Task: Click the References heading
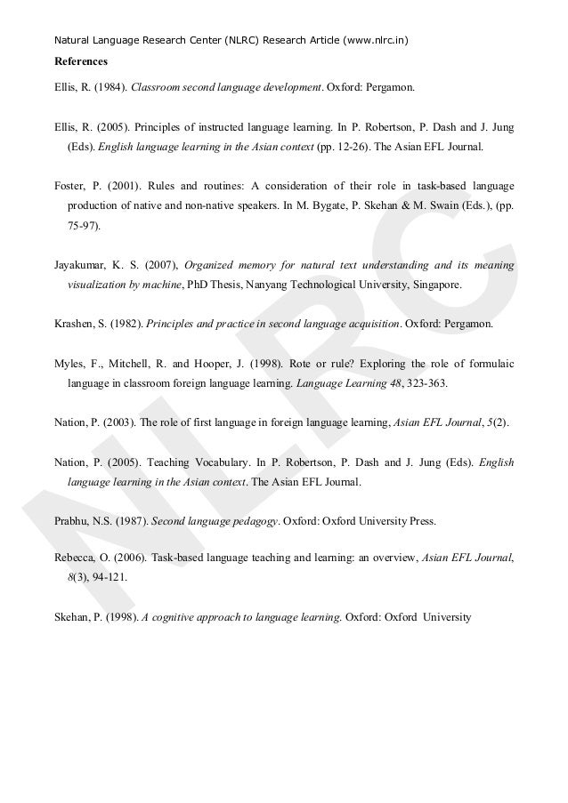[81, 62]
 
